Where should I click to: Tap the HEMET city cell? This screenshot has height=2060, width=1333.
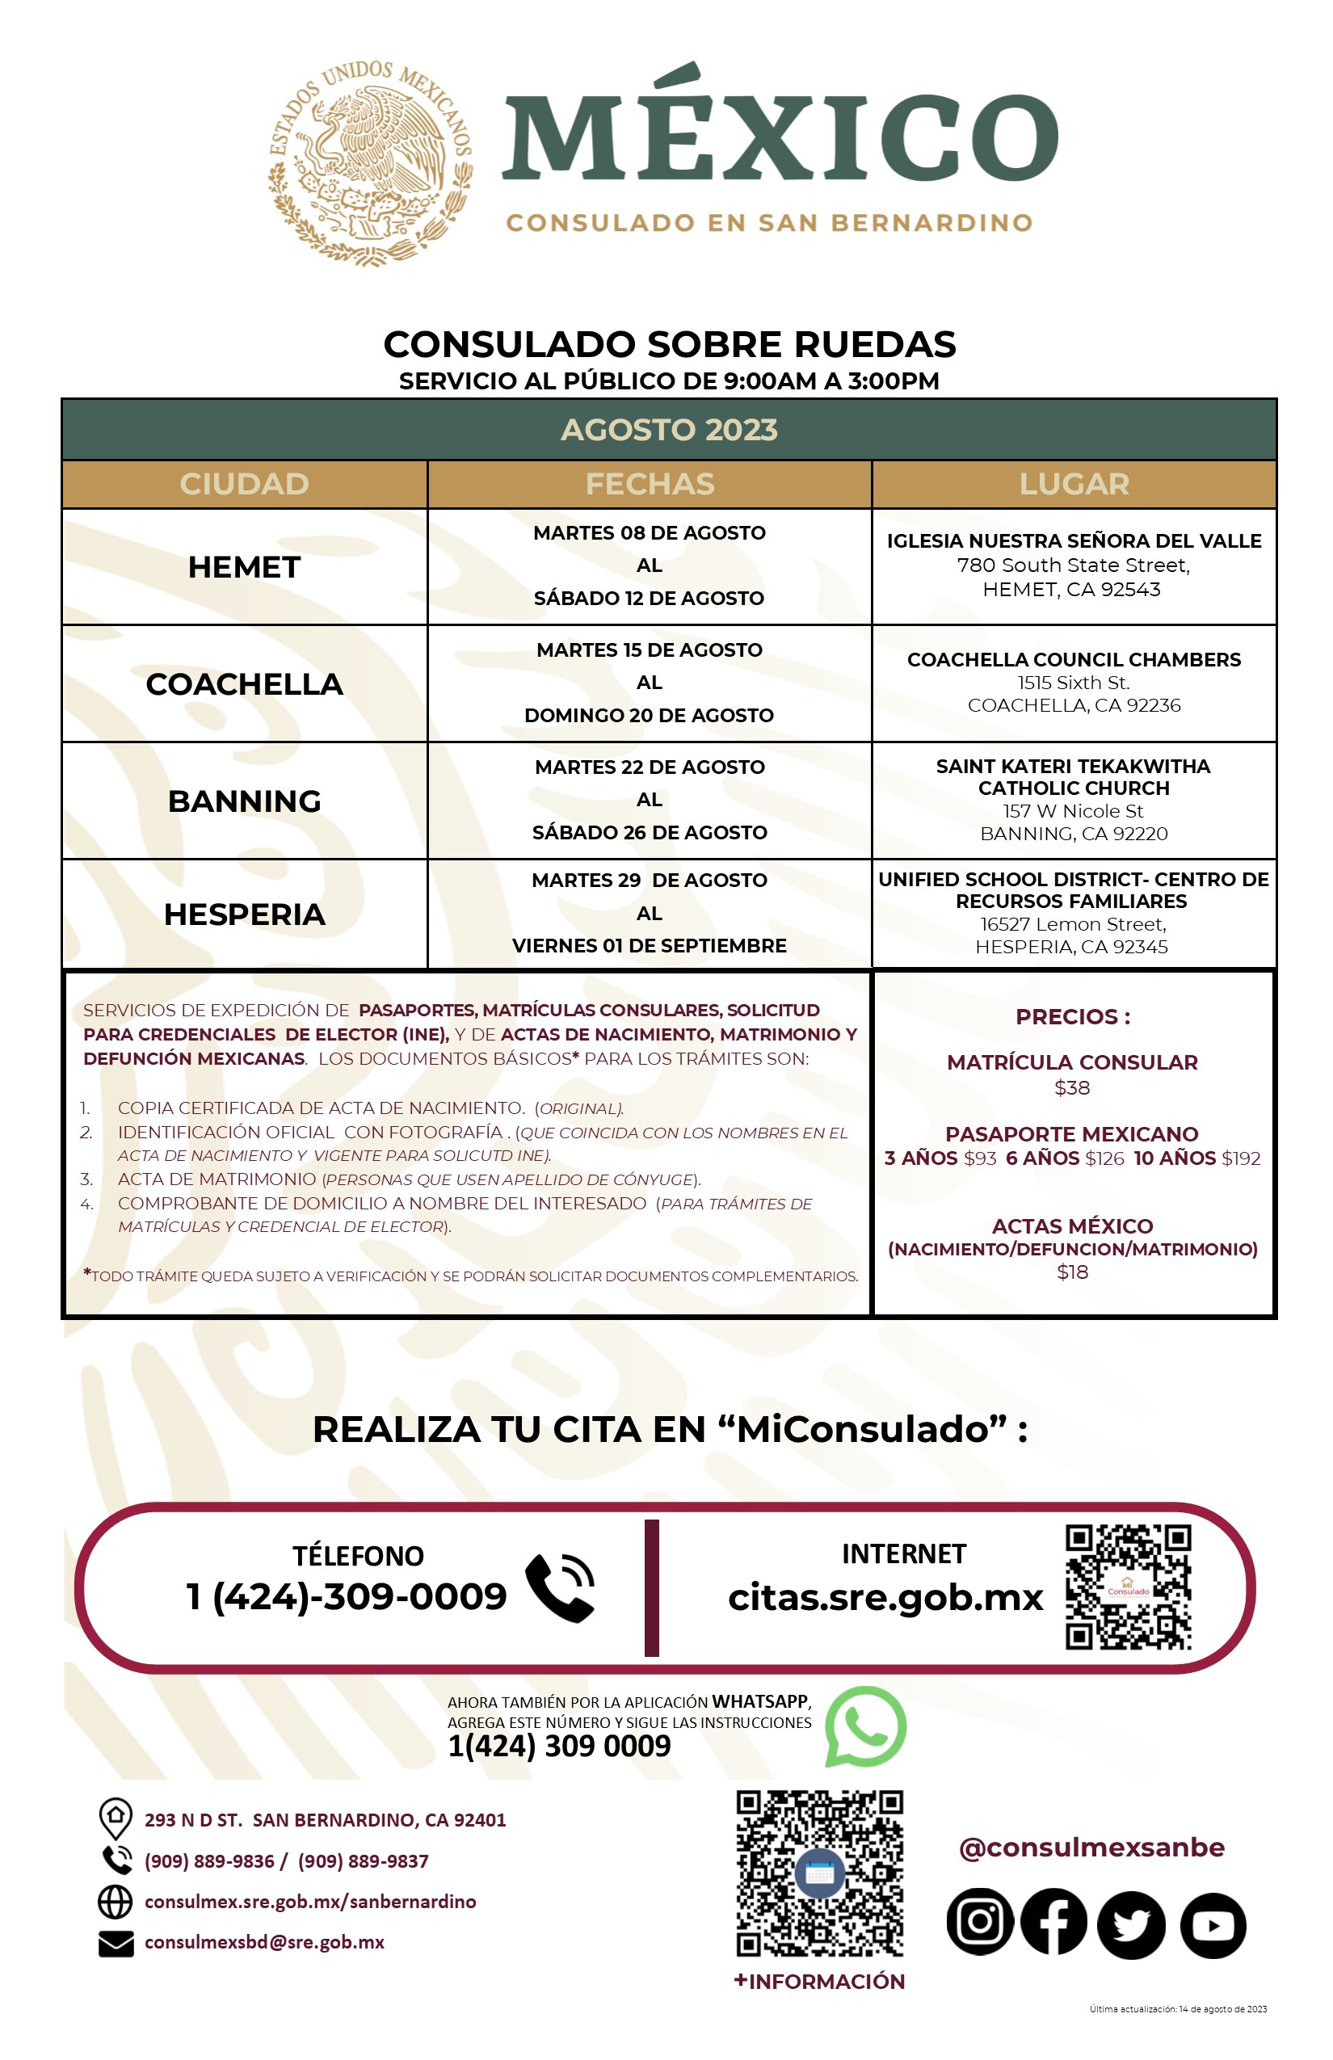[x=244, y=567]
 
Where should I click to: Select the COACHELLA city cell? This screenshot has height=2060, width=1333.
[x=244, y=683]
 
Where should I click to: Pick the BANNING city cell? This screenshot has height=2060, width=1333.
[x=244, y=801]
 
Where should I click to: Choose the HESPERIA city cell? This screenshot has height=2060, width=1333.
[x=244, y=914]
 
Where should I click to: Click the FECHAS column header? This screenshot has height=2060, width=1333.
[x=650, y=484]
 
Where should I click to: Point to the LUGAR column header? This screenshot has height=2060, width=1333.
[x=1074, y=484]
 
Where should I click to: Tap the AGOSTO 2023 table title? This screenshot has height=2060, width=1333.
[x=668, y=429]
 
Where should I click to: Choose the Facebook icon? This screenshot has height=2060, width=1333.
[x=1053, y=1922]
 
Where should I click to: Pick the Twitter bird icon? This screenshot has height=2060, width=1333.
[x=1130, y=1923]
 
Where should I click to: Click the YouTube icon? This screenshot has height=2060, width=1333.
[x=1213, y=1925]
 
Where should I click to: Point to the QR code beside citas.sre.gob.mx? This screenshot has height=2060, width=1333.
[x=1128, y=1587]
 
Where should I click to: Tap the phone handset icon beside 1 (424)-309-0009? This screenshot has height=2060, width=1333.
[x=560, y=1587]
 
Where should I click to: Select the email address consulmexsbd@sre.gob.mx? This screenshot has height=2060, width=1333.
[x=264, y=1941]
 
